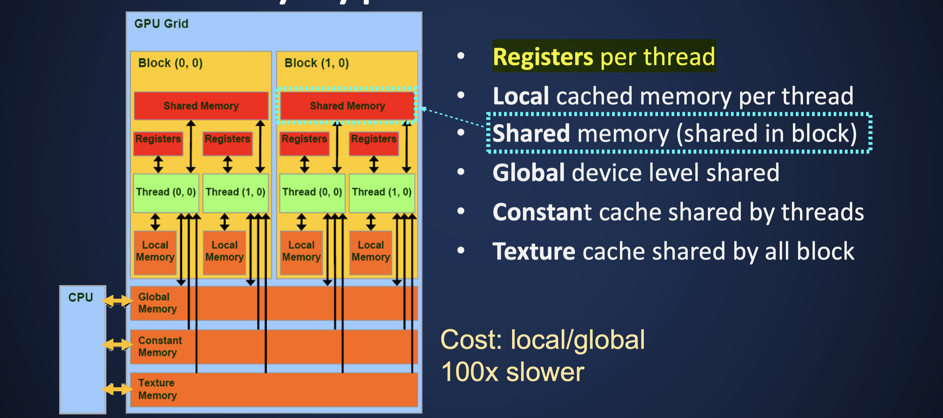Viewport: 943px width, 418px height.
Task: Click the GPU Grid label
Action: (161, 24)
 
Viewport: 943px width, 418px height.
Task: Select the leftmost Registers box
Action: (158, 143)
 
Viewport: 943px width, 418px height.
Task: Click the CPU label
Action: (81, 297)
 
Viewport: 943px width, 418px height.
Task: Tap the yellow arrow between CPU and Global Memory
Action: (117, 301)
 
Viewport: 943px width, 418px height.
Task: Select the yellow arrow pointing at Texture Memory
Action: (117, 389)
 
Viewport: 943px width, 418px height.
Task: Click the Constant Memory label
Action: (160, 346)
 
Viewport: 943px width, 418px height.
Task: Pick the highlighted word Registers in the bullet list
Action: (543, 57)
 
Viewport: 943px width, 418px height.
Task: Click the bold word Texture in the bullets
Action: (533, 252)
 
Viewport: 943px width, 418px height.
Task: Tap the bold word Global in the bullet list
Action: (528, 172)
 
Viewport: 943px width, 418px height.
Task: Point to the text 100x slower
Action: (512, 372)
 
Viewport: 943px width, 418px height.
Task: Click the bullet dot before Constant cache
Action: (461, 211)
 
